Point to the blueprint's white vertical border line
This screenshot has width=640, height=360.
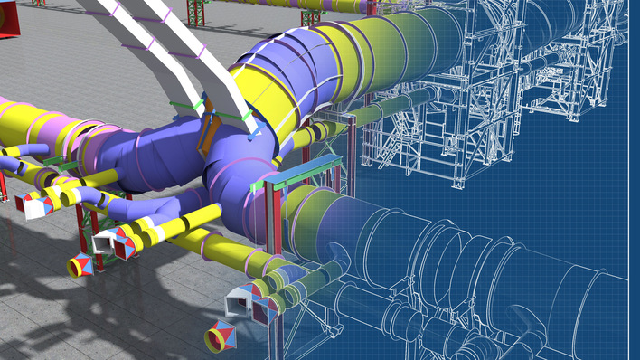pyautogui.click(x=626, y=181)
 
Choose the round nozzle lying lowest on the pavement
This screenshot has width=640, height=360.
pyautogui.click(x=221, y=336)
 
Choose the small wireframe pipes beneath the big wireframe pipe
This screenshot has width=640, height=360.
pyautogui.click(x=425, y=326)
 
